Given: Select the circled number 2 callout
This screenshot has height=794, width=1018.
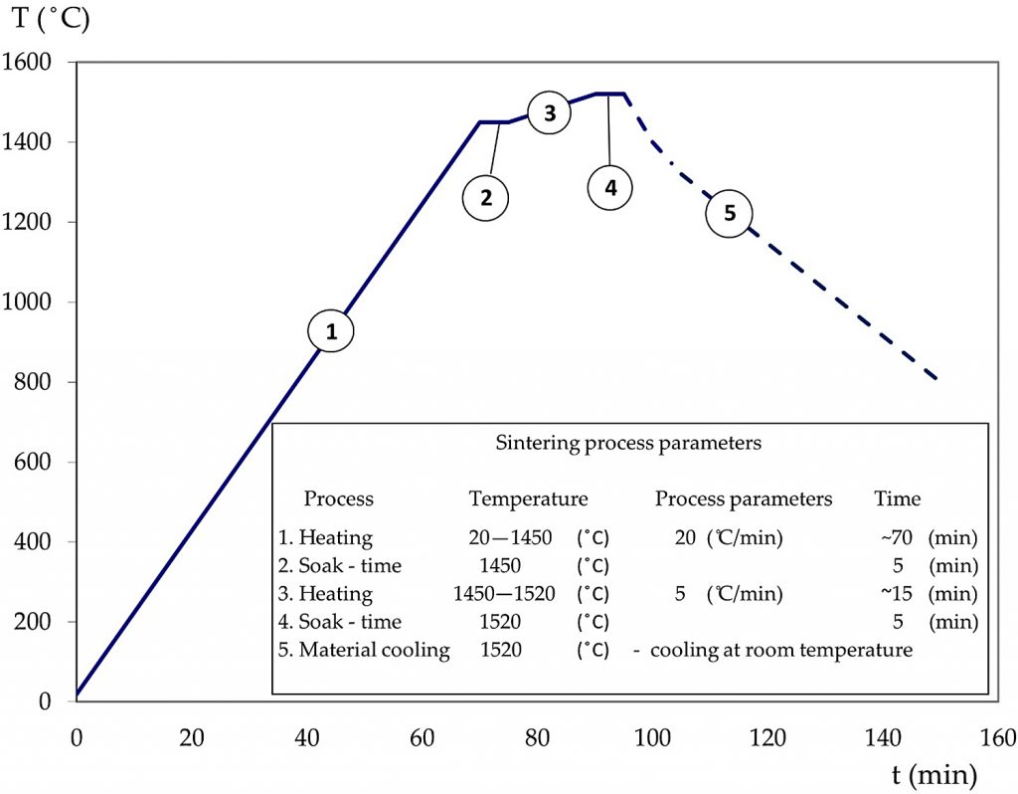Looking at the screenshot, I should pyautogui.click(x=485, y=197).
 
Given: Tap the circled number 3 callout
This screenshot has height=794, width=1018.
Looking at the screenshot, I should pyautogui.click(x=549, y=113).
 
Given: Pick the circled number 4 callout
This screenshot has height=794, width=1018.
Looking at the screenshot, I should pyautogui.click(x=610, y=187).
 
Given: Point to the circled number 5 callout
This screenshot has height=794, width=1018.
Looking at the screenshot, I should pyautogui.click(x=729, y=214).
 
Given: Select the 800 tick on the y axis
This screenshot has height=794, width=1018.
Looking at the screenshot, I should pyautogui.click(x=47, y=382).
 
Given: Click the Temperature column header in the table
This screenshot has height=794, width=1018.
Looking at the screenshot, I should pyautogui.click(x=528, y=498).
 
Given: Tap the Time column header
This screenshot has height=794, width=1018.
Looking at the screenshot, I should pyautogui.click(x=897, y=498).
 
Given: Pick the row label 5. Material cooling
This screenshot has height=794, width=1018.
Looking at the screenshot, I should pyautogui.click(x=364, y=651).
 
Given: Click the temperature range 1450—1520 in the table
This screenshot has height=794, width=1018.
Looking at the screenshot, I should pyautogui.click(x=502, y=595).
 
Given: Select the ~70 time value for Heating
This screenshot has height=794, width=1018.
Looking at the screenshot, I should pyautogui.click(x=891, y=538).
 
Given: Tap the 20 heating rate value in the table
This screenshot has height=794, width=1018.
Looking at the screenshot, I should pyautogui.click(x=685, y=538).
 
